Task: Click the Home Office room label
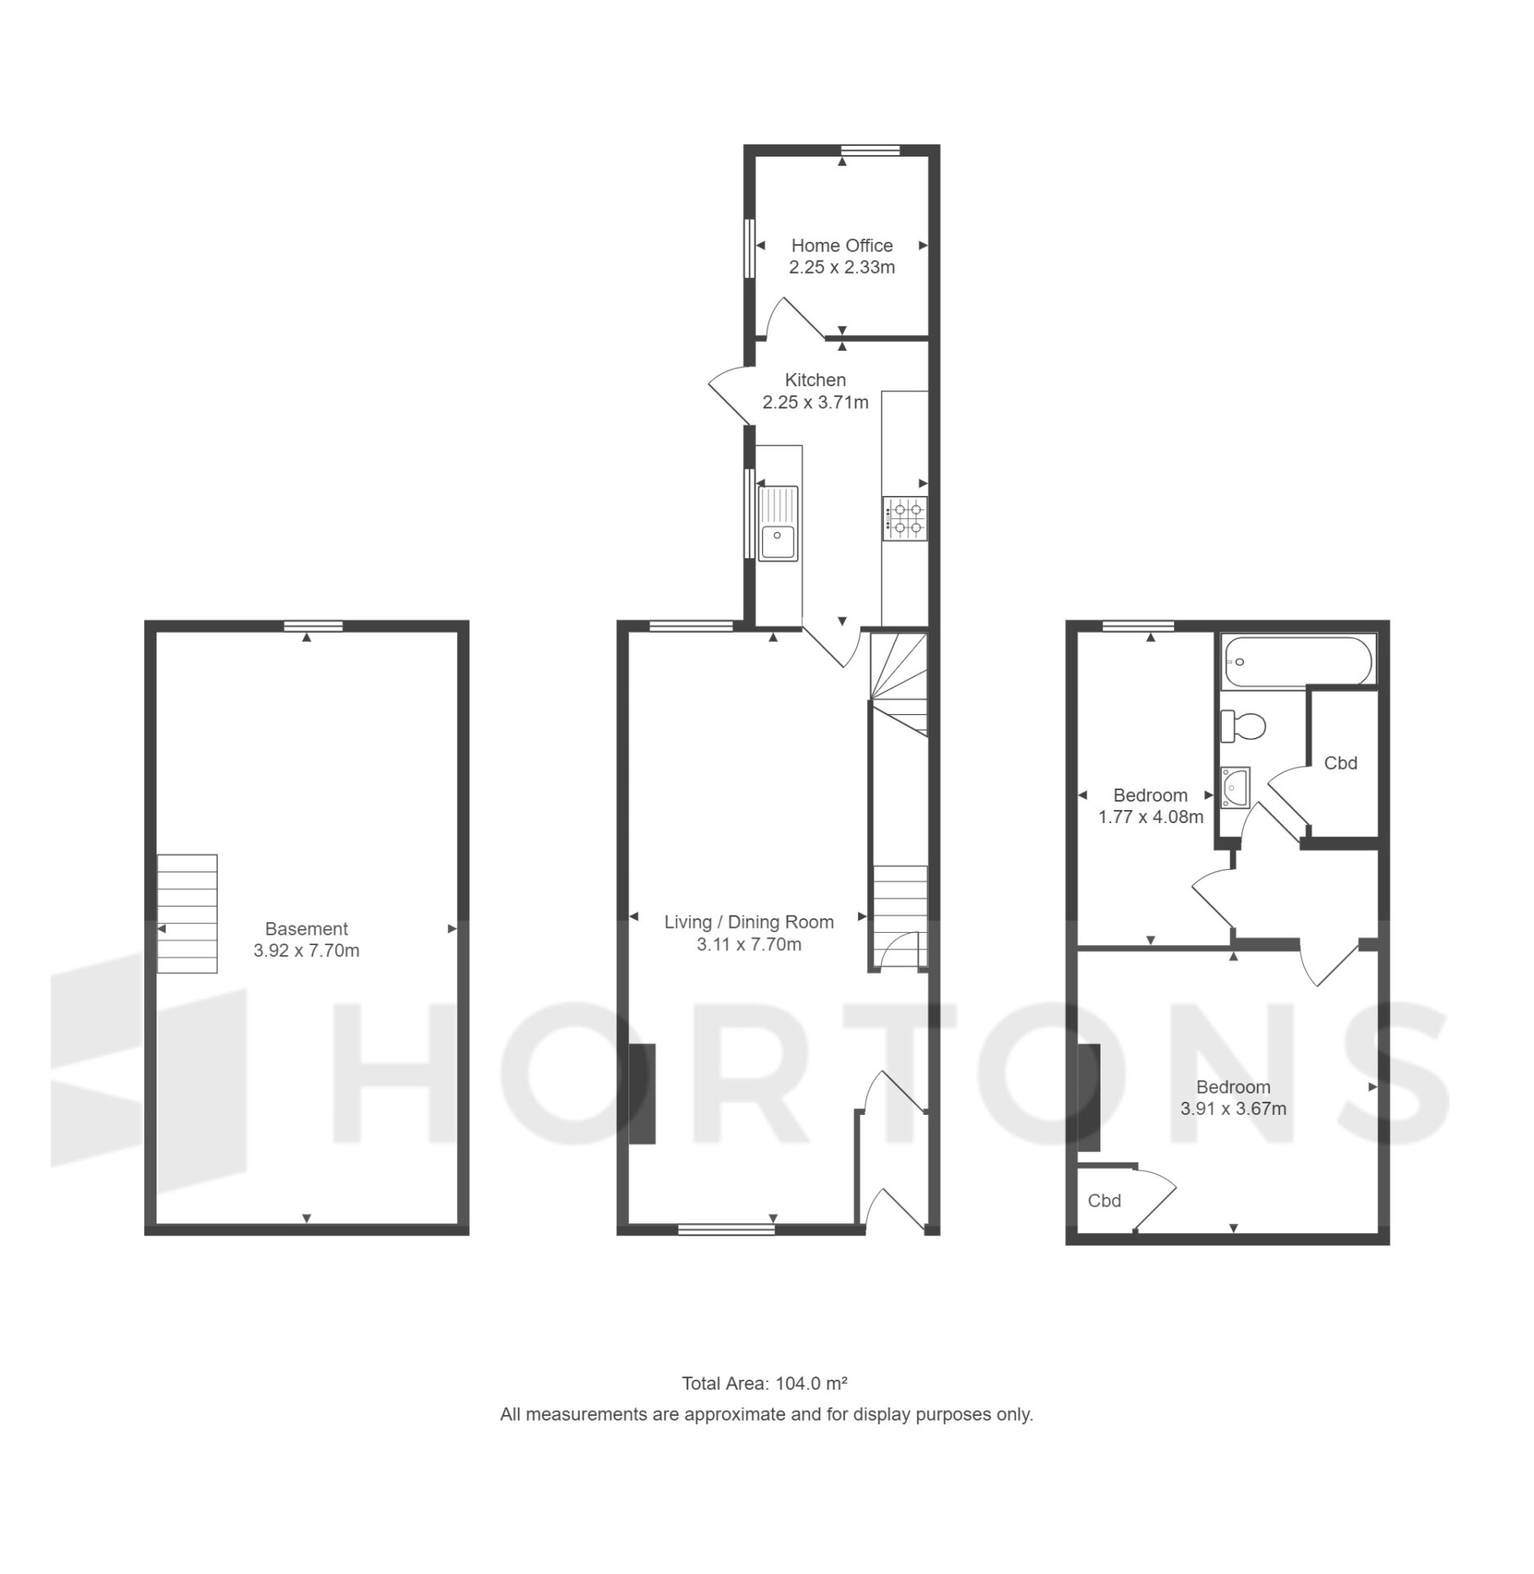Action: (x=842, y=245)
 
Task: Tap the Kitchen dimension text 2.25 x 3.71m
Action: (x=815, y=403)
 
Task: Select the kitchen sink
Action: (x=778, y=523)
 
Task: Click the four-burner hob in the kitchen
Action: (x=905, y=518)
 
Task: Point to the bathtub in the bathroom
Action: (x=1298, y=660)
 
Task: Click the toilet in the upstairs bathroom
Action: (x=1243, y=726)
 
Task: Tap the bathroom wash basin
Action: (x=1235, y=787)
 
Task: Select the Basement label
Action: (x=306, y=929)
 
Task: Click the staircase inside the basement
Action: (x=187, y=914)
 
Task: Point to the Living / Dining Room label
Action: (x=749, y=922)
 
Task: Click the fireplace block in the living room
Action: (x=642, y=1094)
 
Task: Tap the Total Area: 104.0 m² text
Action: (x=765, y=1384)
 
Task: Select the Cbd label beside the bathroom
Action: (x=1341, y=763)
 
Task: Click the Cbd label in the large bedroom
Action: (x=1104, y=1201)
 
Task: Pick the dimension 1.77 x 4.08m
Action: (x=1150, y=817)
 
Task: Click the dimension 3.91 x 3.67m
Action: (x=1232, y=1109)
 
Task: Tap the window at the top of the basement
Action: (x=314, y=626)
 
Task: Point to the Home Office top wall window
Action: (x=870, y=150)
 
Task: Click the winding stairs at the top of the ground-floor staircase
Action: (x=897, y=684)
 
